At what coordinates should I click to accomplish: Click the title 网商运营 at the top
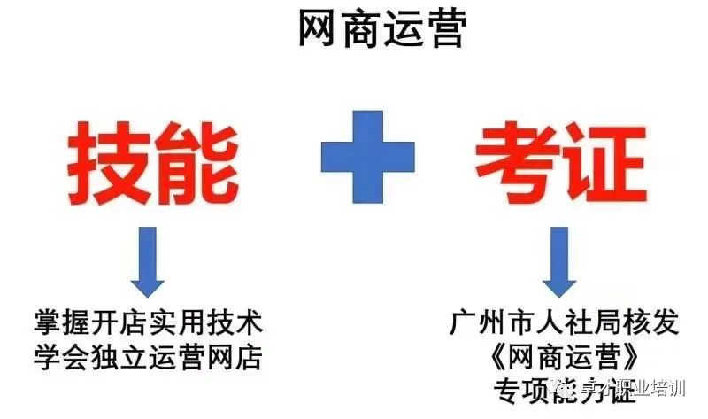381,31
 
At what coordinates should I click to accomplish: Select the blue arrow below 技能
147,261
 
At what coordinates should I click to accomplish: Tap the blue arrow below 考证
558,261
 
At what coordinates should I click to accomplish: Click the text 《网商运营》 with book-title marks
558,356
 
